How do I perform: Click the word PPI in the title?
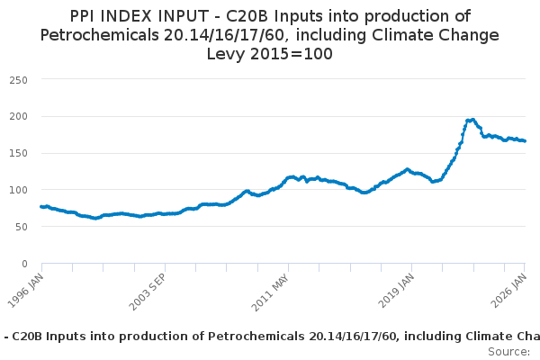point(86,16)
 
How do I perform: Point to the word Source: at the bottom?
point(509,351)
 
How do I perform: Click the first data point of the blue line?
point(41,207)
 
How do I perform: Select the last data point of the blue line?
point(525,141)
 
